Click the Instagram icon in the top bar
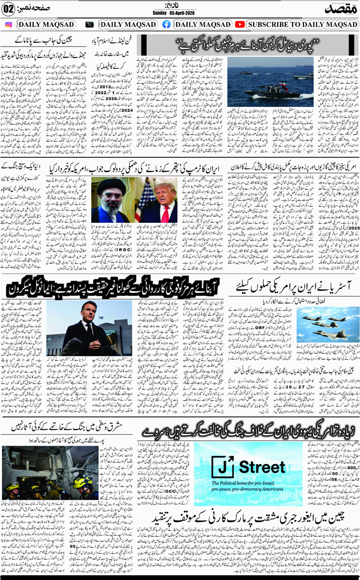(x=9, y=24)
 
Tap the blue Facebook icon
(x=166, y=24)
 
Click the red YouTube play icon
(x=240, y=24)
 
